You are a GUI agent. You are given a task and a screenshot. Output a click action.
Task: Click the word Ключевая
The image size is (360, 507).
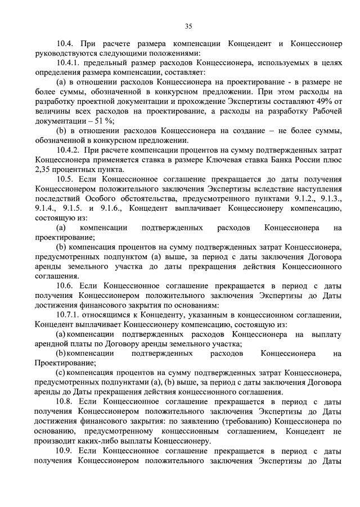pyautogui.click(x=222, y=160)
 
